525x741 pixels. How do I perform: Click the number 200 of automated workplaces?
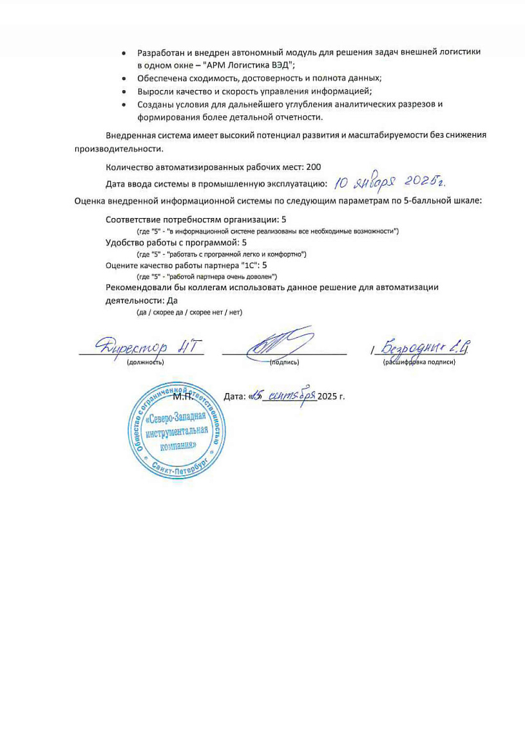[x=314, y=167]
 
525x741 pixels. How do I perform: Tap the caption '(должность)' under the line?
[x=146, y=362]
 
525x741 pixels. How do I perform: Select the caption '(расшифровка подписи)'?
[x=419, y=362]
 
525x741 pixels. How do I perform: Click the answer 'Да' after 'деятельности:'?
[x=172, y=300]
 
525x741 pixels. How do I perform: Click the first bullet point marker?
[x=124, y=51]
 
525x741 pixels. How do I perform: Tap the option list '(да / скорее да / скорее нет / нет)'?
[x=189, y=313]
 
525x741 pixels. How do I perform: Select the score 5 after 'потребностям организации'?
[x=284, y=219]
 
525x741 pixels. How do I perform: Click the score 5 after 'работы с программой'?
[x=244, y=242]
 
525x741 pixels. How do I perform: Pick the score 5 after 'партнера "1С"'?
[x=264, y=264]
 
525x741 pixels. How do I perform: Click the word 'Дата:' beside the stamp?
[x=234, y=396]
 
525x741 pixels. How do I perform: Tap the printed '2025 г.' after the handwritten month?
[x=331, y=396]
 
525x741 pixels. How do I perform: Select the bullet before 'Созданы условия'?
[x=124, y=104]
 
